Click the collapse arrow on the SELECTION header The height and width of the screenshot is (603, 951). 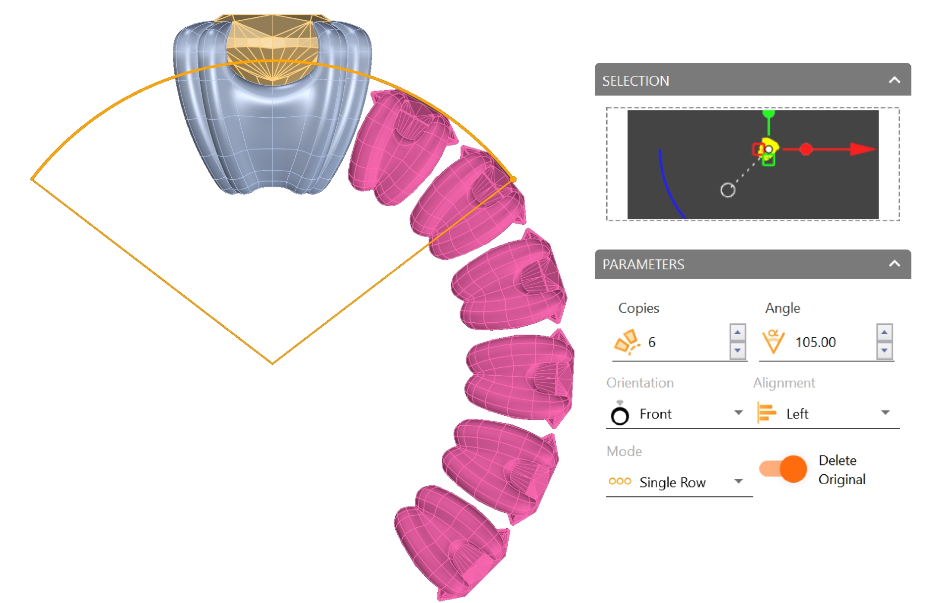(894, 80)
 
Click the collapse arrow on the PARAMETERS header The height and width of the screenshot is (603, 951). (894, 263)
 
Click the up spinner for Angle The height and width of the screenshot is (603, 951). (884, 332)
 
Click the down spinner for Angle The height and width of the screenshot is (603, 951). (884, 351)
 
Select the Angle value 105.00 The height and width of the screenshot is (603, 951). (815, 342)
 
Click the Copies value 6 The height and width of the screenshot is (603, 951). (652, 342)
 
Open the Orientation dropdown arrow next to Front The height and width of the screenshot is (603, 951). (739, 412)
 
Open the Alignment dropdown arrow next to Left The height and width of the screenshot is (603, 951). (886, 412)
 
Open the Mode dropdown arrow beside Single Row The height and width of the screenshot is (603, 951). (739, 481)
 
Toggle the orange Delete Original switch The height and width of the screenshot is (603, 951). (783, 468)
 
